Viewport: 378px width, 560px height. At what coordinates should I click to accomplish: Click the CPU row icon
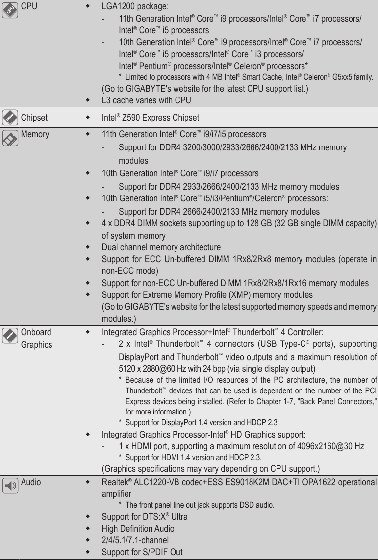(10, 10)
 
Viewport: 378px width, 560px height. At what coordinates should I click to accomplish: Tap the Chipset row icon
(10, 118)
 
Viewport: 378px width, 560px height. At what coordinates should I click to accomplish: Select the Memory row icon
(10, 138)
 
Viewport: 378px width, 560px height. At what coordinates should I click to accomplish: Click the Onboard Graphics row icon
(10, 336)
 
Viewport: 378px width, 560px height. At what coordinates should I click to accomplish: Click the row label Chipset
(34, 118)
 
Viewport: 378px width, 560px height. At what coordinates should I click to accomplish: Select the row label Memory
(35, 134)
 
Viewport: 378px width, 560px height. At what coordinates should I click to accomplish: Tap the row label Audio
(31, 482)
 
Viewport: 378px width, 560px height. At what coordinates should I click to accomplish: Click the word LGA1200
(118, 7)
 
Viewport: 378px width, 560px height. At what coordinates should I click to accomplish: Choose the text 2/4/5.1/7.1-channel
(135, 540)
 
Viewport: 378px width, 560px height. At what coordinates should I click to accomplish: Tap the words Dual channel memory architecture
(161, 247)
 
